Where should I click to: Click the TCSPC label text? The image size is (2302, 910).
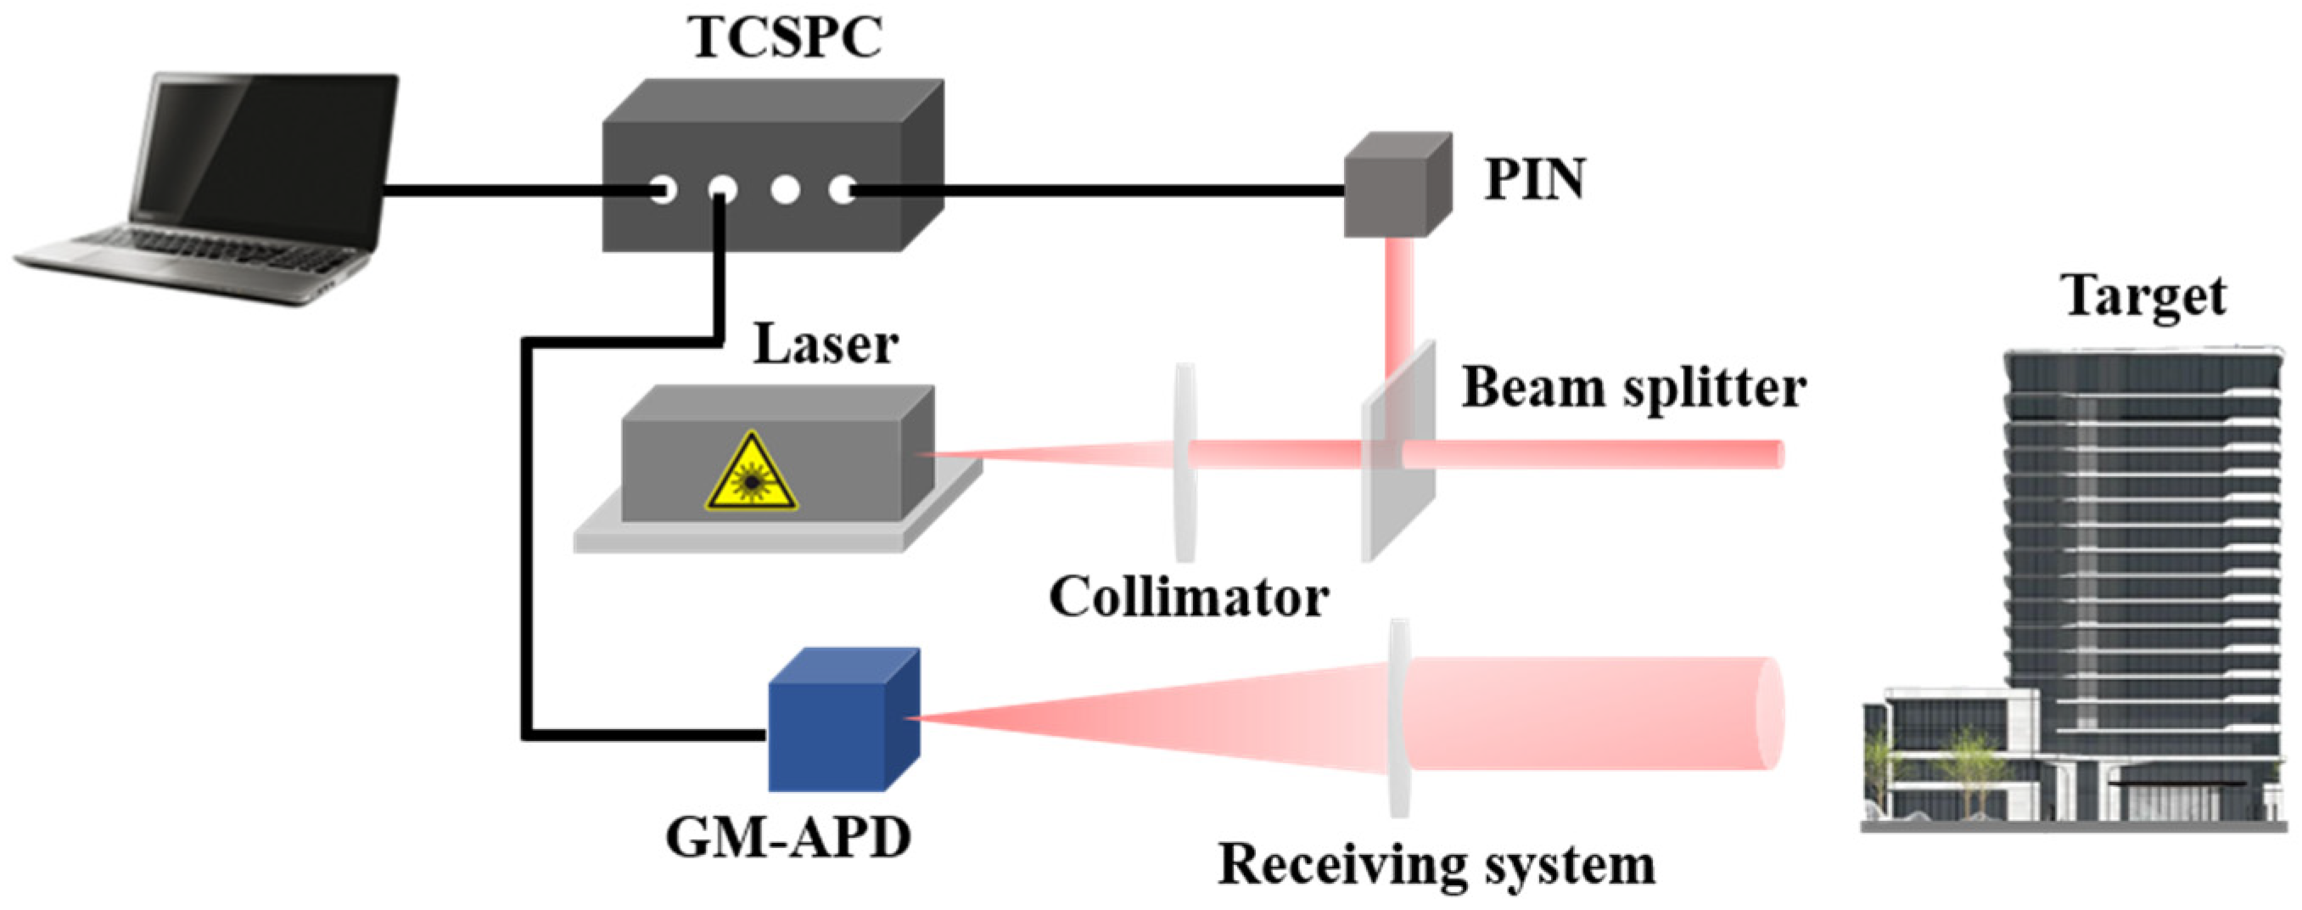[x=786, y=37]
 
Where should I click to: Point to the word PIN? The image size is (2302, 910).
[x=1534, y=180]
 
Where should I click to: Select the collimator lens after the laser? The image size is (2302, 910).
[x=1185, y=461]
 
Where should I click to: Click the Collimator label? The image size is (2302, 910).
[x=1189, y=597]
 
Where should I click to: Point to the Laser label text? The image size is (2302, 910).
[x=825, y=344]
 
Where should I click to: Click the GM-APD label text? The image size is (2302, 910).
[x=787, y=839]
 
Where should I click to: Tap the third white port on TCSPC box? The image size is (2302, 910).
[x=785, y=189]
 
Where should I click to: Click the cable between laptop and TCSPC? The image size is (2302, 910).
[x=518, y=190]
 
